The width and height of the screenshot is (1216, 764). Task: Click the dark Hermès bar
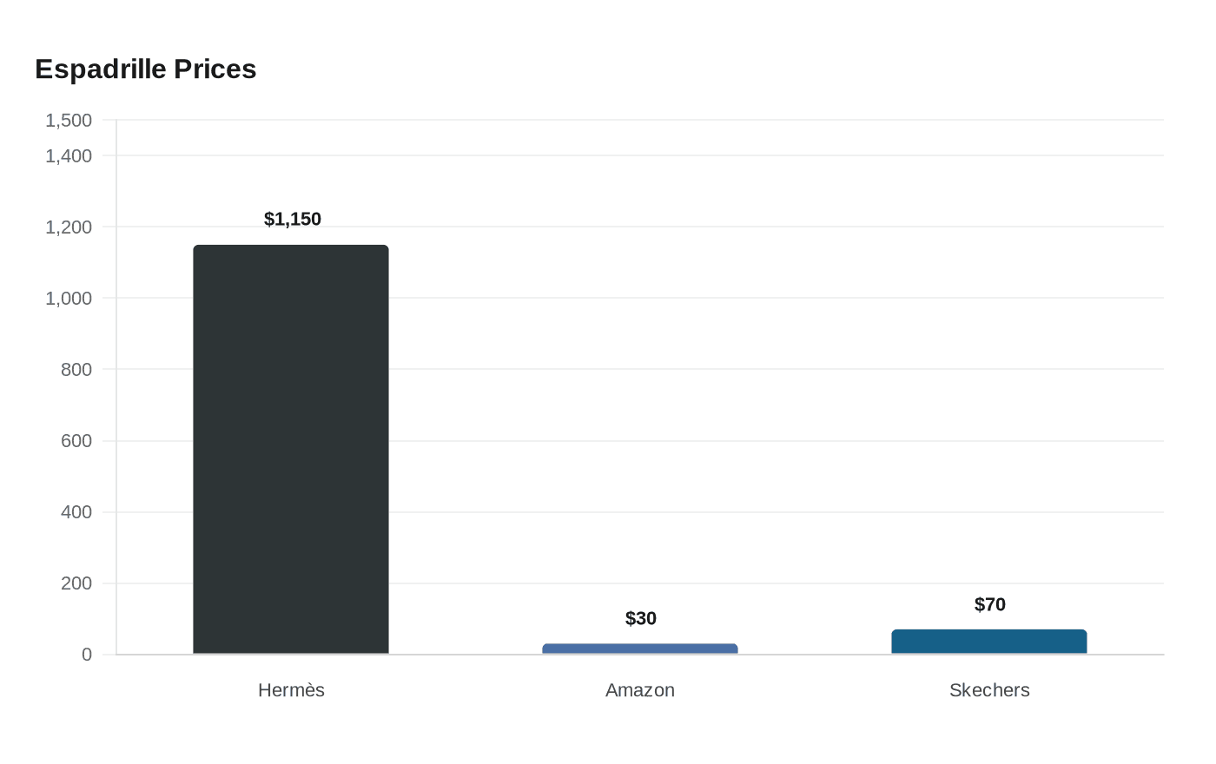(x=291, y=450)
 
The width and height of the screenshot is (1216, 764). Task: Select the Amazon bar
(x=640, y=649)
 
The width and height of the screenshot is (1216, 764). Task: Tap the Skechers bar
(x=989, y=642)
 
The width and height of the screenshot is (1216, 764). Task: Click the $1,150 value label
(x=293, y=219)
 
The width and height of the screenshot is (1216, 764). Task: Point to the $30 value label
(x=641, y=618)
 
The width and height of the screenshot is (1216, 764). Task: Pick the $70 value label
(x=989, y=604)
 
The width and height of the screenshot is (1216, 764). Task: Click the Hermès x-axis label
(x=291, y=690)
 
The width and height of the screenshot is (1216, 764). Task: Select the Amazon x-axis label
(x=640, y=690)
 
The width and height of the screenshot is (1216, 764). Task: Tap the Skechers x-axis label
(x=989, y=690)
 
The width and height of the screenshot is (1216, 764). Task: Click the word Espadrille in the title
(x=101, y=69)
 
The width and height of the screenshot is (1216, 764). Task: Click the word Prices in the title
(x=215, y=69)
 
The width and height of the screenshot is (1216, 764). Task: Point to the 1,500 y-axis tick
(x=69, y=121)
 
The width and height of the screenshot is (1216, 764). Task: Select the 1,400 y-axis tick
(x=69, y=156)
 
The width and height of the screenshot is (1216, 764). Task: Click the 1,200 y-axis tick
(x=69, y=227)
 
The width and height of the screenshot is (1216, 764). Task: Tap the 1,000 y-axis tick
(x=69, y=299)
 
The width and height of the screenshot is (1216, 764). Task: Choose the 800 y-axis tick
(x=76, y=370)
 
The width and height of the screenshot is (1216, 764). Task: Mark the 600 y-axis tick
(x=76, y=441)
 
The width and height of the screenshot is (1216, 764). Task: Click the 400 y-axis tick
(x=76, y=511)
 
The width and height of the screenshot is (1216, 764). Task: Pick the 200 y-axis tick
(x=76, y=583)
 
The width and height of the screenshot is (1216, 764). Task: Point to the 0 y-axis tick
(x=87, y=655)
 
